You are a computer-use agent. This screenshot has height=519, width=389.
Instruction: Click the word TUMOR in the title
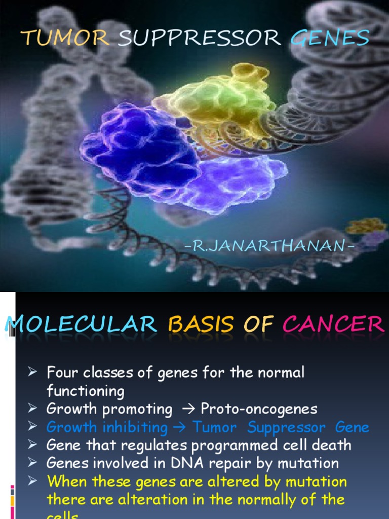(x=65, y=38)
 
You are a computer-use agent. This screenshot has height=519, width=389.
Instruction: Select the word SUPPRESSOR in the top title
(x=199, y=38)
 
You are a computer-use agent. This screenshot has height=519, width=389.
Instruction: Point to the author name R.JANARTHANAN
(x=268, y=247)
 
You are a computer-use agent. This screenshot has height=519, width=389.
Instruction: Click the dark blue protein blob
(x=139, y=147)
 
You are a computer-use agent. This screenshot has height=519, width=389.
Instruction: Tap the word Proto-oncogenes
(x=259, y=409)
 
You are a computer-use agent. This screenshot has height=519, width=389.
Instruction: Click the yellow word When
(x=66, y=481)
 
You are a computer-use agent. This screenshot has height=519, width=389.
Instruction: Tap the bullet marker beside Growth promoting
(x=33, y=408)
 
